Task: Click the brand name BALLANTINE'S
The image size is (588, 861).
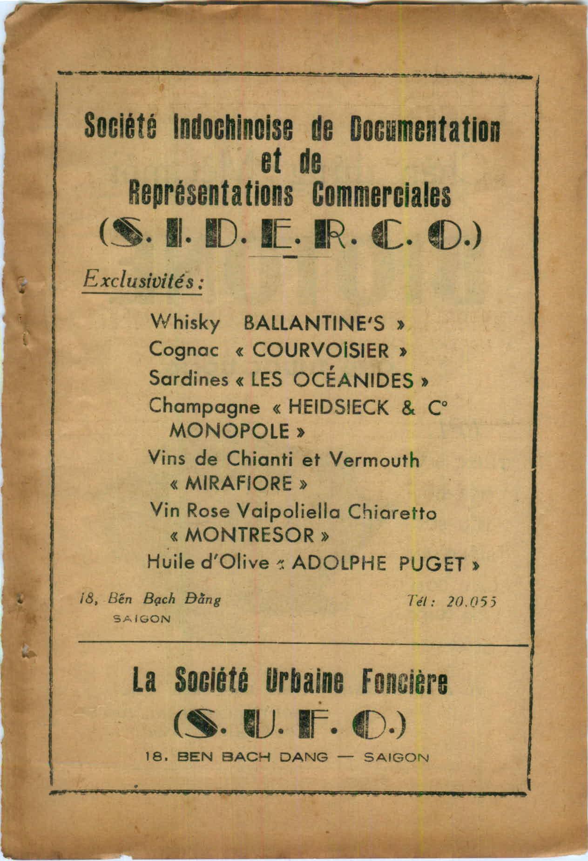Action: (315, 323)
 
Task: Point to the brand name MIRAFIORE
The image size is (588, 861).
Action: (239, 484)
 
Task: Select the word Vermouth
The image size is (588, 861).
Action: (374, 460)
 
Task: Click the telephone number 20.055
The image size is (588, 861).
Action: (472, 601)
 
